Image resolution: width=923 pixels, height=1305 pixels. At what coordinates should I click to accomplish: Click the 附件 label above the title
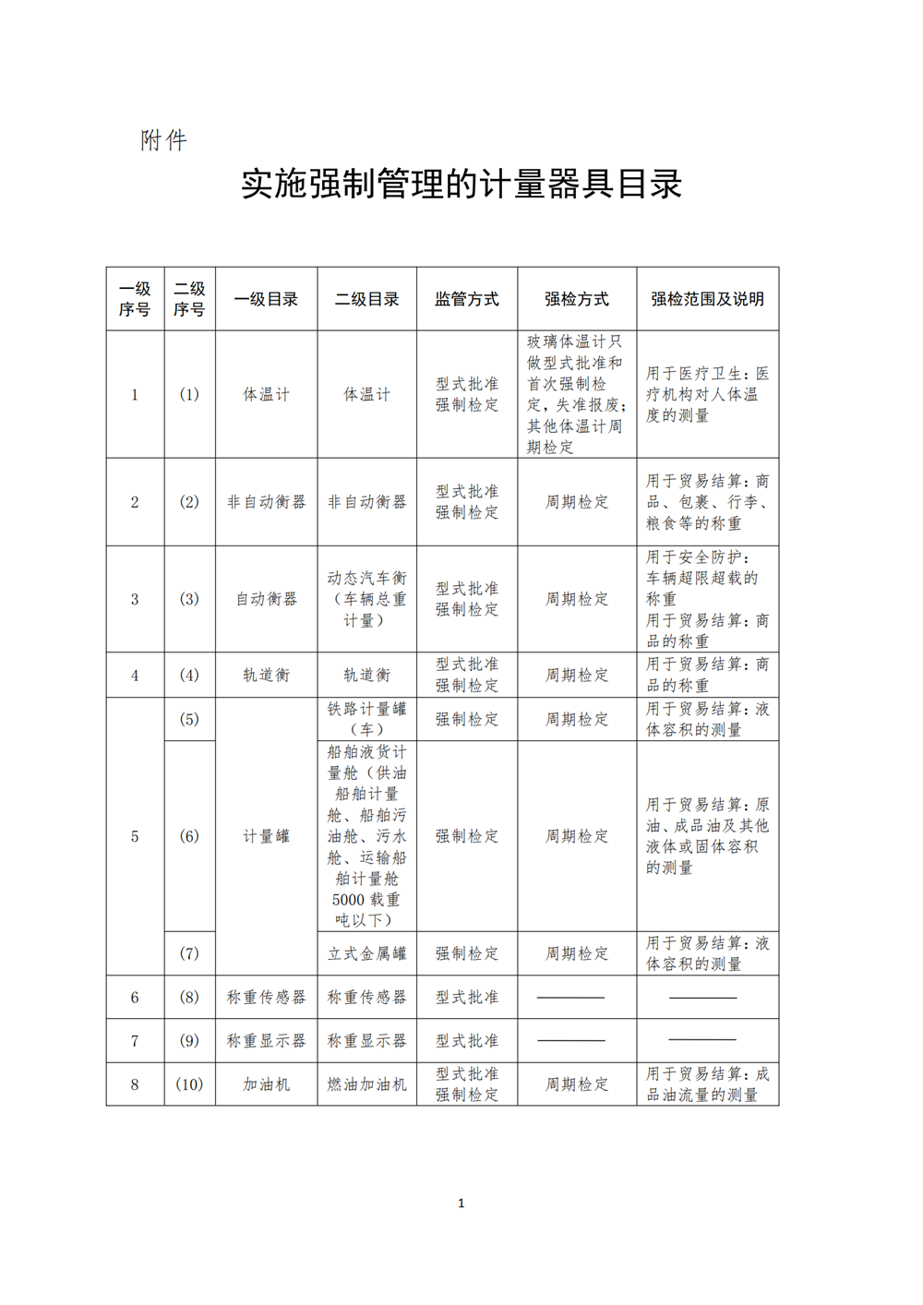pos(163,140)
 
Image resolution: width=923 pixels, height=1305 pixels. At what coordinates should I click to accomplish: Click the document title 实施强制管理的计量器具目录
pos(461,184)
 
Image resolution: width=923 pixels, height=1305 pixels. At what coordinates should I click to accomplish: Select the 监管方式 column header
pos(466,299)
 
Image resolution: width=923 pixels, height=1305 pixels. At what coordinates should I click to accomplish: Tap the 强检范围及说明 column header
pos(707,299)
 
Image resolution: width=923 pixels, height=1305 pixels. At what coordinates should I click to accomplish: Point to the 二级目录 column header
pos(366,299)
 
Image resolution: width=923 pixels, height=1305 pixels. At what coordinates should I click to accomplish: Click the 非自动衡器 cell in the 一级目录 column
pos(266,502)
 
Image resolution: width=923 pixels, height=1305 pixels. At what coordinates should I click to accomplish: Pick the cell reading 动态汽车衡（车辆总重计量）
pos(366,599)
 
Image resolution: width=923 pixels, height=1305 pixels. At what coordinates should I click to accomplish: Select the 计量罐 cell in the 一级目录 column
pos(266,836)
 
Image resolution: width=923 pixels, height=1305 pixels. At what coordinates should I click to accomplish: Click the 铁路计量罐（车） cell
pos(366,719)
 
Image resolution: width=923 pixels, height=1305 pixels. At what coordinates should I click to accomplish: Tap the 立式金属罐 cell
pos(366,953)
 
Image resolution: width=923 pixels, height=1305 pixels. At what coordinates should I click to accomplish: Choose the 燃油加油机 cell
pos(366,1084)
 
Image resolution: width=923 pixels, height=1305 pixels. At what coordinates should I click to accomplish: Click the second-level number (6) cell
pos(189,836)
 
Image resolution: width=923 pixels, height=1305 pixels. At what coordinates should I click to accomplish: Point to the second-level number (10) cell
pos(189,1084)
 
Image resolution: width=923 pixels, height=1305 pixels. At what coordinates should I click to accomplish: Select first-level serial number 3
pos(135,599)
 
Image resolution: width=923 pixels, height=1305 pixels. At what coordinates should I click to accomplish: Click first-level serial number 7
pos(135,1041)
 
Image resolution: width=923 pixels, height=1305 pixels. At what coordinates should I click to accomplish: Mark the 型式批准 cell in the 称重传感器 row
pos(466,998)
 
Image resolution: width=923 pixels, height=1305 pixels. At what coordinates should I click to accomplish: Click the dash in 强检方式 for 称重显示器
pos(571,1041)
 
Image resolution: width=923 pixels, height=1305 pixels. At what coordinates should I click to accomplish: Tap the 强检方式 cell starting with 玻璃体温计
pos(576,394)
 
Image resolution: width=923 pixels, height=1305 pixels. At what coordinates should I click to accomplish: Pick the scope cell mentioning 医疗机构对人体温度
pos(707,394)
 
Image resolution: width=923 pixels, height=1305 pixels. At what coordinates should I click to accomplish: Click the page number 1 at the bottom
pos(461,1203)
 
